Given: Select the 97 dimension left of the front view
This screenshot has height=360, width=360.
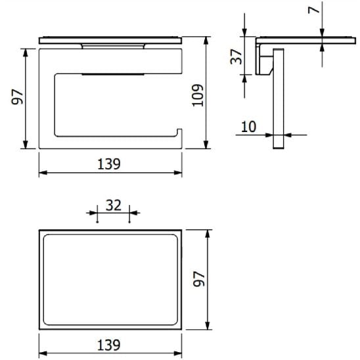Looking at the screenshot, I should [18, 97].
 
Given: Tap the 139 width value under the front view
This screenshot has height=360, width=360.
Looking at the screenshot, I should [110, 164].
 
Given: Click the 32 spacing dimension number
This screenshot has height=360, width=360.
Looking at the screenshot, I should [113, 205].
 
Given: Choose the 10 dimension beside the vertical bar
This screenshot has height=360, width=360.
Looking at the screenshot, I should [248, 127].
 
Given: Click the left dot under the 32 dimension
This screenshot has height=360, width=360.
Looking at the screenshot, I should [97, 221].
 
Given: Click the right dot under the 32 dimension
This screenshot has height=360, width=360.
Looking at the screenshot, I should [129, 221].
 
